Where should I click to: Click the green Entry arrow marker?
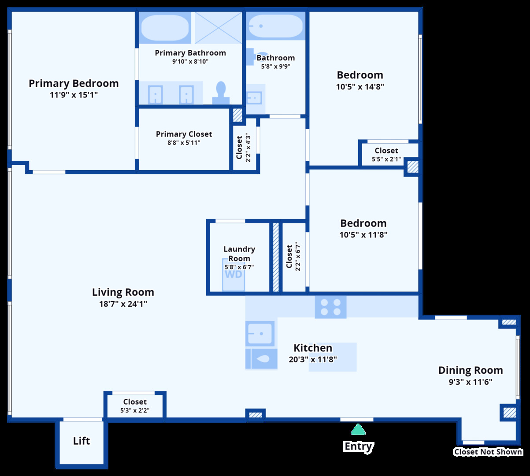(x=358, y=429)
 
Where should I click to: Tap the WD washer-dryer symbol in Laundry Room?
(x=233, y=275)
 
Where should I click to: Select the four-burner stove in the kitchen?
(x=331, y=307)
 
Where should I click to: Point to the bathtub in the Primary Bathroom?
(x=165, y=27)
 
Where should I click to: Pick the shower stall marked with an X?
(x=219, y=27)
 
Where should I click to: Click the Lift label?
(x=82, y=441)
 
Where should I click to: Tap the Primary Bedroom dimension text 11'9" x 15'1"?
(x=74, y=95)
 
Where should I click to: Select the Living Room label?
(x=123, y=292)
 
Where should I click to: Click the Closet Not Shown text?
(x=488, y=452)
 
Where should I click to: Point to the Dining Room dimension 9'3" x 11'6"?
(x=470, y=382)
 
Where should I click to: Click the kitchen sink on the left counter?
(x=259, y=333)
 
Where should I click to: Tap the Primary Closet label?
(x=184, y=134)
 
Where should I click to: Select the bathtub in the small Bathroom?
(x=275, y=26)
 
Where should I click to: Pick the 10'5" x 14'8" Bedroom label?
(x=360, y=75)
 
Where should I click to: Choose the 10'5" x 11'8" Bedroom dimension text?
(x=363, y=235)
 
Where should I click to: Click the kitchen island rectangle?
(x=333, y=357)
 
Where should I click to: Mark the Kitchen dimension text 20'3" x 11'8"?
(x=313, y=359)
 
